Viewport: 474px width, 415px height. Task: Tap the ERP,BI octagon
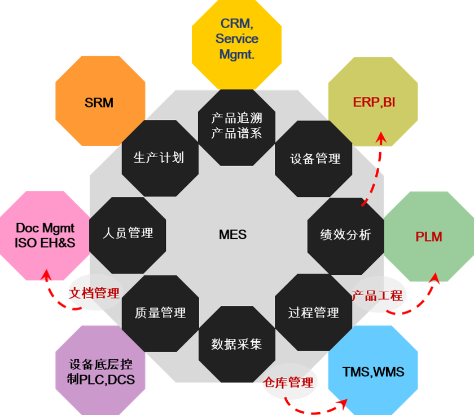tap(373, 101)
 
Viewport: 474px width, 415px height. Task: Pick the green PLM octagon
tap(428, 236)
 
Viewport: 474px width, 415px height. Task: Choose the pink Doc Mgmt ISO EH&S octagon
tap(45, 236)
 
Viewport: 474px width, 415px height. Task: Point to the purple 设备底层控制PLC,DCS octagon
tap(100, 372)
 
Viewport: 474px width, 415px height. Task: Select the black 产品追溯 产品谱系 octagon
tap(236, 126)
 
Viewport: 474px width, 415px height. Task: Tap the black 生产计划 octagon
tap(160, 158)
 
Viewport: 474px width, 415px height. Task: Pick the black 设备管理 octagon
tap(315, 159)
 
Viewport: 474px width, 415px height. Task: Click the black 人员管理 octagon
tap(128, 233)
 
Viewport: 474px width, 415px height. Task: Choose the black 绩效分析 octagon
tap(345, 235)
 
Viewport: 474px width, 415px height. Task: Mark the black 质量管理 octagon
tap(160, 313)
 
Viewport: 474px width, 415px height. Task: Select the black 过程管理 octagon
tap(313, 313)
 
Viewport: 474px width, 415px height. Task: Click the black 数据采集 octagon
tap(236, 344)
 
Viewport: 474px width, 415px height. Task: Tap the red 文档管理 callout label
tap(94, 293)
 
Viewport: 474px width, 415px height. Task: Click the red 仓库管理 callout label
tap(288, 383)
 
